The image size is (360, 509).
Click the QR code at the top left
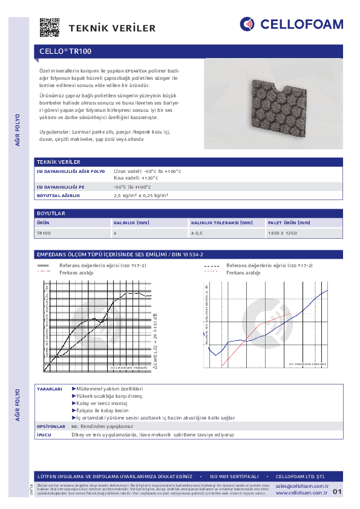click(x=50, y=28)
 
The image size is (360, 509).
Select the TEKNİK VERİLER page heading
click(x=112, y=28)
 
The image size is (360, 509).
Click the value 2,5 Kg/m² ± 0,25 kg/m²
click(x=141, y=196)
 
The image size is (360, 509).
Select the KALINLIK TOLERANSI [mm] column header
click(x=222, y=223)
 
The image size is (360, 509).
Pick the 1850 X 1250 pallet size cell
click(x=282, y=233)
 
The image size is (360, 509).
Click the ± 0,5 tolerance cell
click(x=197, y=233)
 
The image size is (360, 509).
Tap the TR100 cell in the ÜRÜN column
click(x=44, y=233)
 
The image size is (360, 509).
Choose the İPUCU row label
click(x=45, y=435)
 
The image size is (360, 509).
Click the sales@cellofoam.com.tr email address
click(x=301, y=486)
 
